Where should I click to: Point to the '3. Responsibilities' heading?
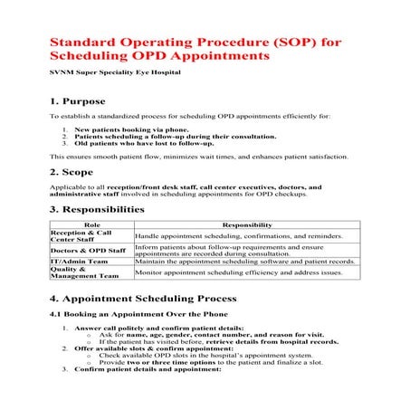(97, 210)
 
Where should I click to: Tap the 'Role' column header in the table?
(91, 224)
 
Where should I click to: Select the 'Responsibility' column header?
(246, 224)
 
